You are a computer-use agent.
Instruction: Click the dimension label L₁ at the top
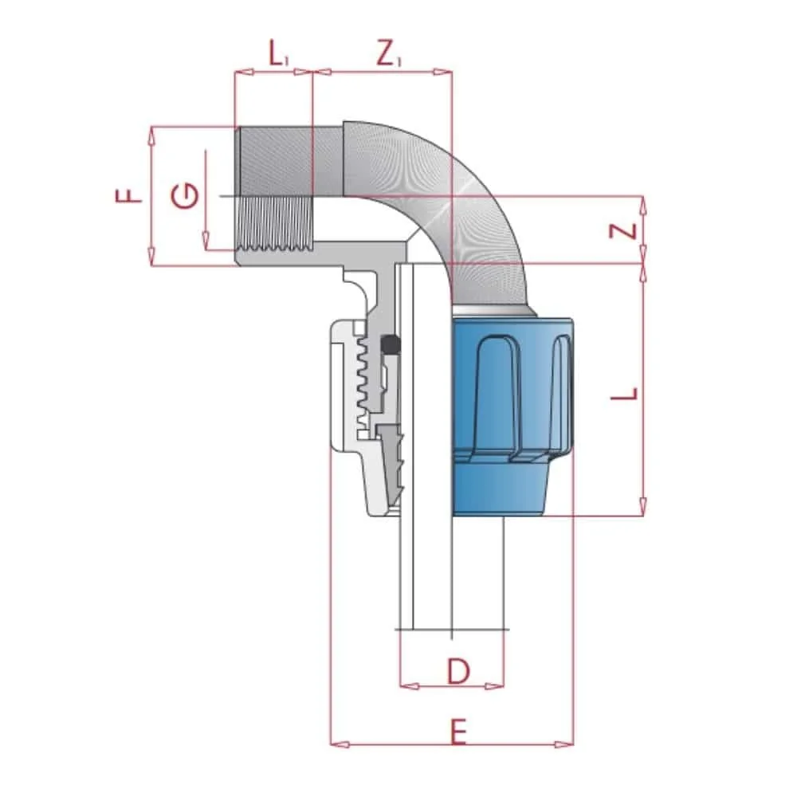277,56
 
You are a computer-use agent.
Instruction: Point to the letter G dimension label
185,195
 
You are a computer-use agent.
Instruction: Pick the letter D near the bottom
457,673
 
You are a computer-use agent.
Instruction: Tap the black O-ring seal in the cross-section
391,344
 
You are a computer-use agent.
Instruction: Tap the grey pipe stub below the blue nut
478,574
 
